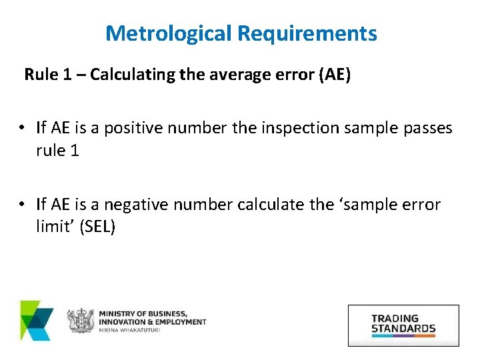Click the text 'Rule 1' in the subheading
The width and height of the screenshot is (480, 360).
(x=49, y=74)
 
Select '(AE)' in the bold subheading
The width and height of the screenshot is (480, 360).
(x=332, y=74)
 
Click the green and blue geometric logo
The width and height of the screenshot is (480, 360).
(x=37, y=321)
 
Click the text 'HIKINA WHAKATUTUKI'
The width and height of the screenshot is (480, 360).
(x=131, y=331)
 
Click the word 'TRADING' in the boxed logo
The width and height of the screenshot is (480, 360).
(x=395, y=319)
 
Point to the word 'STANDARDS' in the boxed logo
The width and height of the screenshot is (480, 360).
(x=403, y=328)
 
